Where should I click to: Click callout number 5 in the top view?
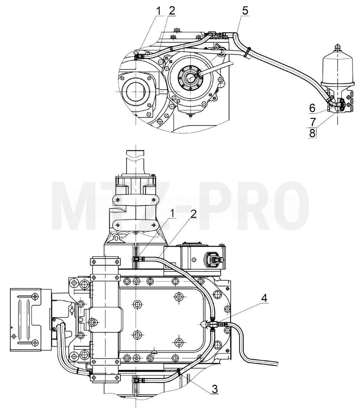pos(245,11)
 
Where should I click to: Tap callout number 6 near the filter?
pos(312,108)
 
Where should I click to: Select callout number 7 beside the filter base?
pos(313,122)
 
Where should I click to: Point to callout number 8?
pos(312,133)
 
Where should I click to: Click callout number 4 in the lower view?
pos(264,298)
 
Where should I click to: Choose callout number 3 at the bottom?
pos(215,389)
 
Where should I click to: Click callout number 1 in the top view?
pos(159,11)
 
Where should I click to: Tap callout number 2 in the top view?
pos(172,11)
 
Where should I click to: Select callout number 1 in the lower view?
pos(173,214)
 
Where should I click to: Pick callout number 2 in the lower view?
pos(194,214)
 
